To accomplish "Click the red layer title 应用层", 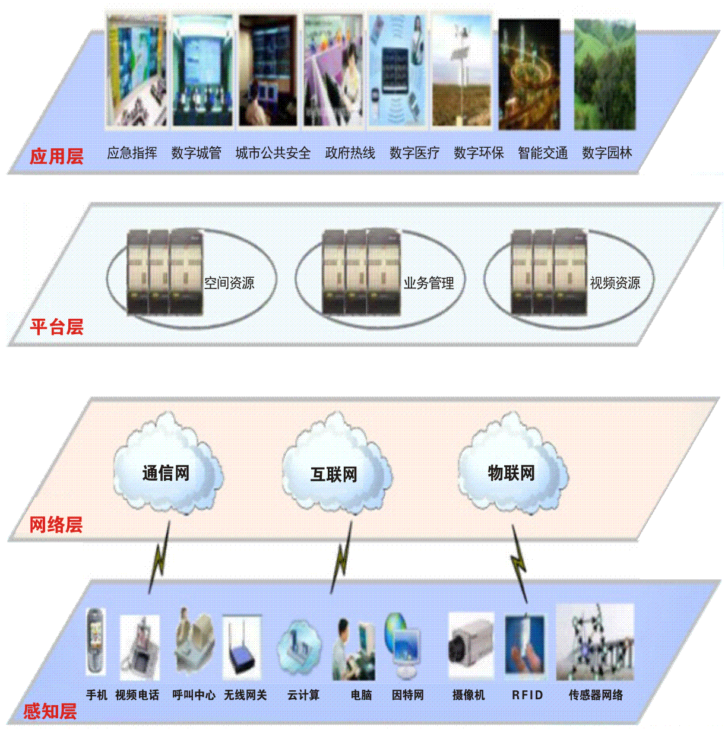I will pos(56,156).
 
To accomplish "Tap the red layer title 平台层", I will pos(56,326).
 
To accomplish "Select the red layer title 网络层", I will pos(56,525).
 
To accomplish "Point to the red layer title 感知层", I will pos(50,711).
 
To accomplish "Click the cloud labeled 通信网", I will pos(167,469).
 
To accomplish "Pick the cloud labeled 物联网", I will pos(512,469).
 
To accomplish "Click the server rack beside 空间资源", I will pos(165,272).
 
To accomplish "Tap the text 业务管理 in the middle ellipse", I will pos(429,283).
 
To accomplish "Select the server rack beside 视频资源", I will pos(549,272).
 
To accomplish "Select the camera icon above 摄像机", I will pos(470,646).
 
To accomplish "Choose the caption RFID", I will pos(527,695).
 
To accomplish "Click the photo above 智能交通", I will pos(529,74).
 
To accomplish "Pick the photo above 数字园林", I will pos(604,74).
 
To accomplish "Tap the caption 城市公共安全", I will pos(273,153).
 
